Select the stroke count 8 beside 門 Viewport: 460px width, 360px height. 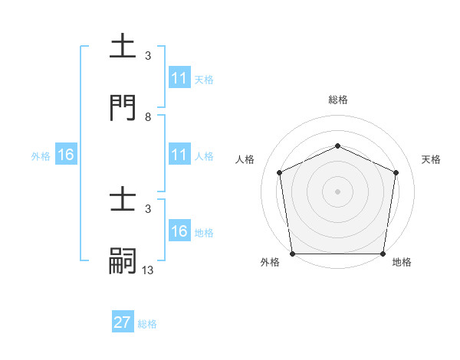tap(148, 117)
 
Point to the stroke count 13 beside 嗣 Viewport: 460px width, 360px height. tap(148, 270)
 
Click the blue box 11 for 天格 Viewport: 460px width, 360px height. tap(179, 79)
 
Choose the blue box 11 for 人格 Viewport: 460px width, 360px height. tap(179, 155)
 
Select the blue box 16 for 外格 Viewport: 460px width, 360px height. tap(66, 155)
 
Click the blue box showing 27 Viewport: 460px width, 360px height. tap(123, 322)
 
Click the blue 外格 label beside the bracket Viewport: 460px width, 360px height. tap(41, 156)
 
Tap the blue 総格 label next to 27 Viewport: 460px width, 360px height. tap(147, 324)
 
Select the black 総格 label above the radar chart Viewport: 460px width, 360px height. tap(337, 100)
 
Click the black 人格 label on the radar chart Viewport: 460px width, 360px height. tap(245, 159)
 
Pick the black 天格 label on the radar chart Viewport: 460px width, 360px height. tap(432, 159)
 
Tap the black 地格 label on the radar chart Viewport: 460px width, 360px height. tap(402, 262)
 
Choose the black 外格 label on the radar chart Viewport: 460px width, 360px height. tap(270, 262)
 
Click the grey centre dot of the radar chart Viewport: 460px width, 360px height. tap(337, 191)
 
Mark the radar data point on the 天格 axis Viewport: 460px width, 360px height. tap(396, 172)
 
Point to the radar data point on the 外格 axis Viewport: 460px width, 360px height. tap(292, 253)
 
